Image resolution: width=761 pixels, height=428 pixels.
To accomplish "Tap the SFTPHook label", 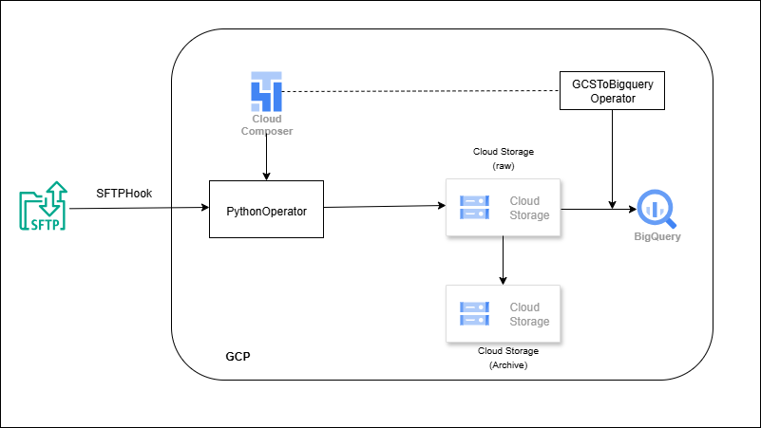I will coord(124,193).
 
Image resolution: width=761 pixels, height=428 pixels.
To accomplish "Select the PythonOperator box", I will coord(266,210).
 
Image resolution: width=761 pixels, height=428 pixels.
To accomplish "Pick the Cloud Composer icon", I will coord(266,91).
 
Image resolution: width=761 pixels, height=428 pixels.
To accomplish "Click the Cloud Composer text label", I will coord(266,125).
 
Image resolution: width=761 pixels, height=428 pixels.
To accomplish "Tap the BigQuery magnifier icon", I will coord(656,208).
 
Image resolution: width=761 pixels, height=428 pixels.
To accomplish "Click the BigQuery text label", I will coord(656,236).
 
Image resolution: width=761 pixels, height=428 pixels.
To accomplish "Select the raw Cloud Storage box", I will coord(503,208).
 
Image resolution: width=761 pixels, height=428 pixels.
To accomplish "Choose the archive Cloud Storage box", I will coord(503,313).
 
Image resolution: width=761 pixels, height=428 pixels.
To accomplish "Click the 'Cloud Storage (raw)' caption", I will coord(503,158).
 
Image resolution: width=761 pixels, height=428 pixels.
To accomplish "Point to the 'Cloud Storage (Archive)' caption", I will coord(507,357).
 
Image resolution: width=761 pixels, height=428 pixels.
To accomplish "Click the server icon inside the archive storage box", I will coord(474,313).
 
